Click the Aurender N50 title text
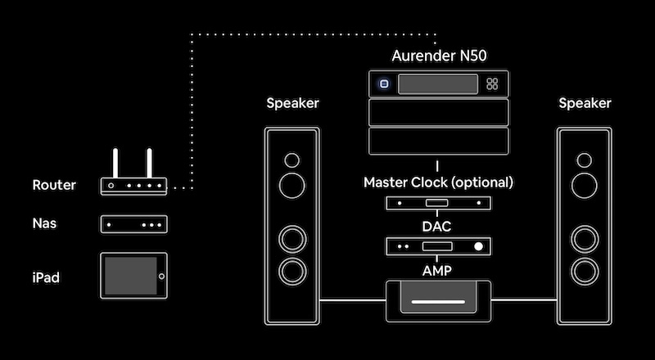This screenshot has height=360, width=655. pyautogui.click(x=439, y=56)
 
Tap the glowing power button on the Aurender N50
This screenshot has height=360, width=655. pyautogui.click(x=384, y=84)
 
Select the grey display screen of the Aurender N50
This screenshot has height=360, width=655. pyautogui.click(x=438, y=84)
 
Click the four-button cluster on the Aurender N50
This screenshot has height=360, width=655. pyautogui.click(x=492, y=84)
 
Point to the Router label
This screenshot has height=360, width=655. pyautogui.click(x=54, y=185)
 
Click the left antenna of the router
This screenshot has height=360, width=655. pyautogui.click(x=115, y=163)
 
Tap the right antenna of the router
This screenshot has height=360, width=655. pyautogui.click(x=149, y=163)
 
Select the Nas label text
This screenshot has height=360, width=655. pyautogui.click(x=44, y=223)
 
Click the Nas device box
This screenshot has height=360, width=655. pyautogui.click(x=133, y=224)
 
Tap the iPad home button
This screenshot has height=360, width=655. pyautogui.click(x=161, y=276)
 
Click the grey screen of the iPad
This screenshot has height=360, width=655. pyautogui.click(x=130, y=276)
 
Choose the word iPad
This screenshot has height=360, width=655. pyautogui.click(x=46, y=277)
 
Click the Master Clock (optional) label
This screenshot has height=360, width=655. pyautogui.click(x=438, y=182)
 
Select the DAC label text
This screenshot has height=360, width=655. pyautogui.click(x=436, y=227)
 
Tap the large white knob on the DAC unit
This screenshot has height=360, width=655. pyautogui.click(x=478, y=246)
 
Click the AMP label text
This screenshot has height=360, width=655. pyautogui.click(x=437, y=271)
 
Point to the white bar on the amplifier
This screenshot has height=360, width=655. pyautogui.click(x=438, y=302)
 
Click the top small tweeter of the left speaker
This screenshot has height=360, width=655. pyautogui.click(x=291, y=160)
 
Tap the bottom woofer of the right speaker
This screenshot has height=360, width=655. pyautogui.click(x=585, y=272)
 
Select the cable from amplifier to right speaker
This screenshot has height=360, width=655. pyautogui.click(x=524, y=299)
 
